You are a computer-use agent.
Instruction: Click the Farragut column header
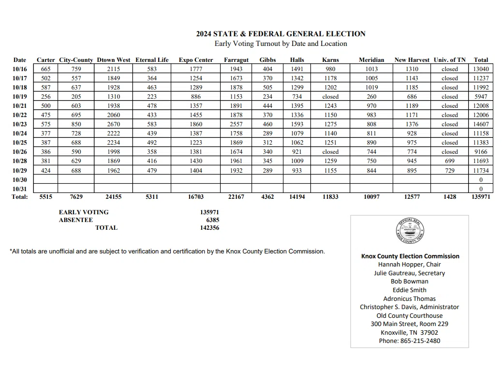coord(236,60)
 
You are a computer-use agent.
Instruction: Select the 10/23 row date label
coord(20,124)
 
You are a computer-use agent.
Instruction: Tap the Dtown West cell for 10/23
coord(114,124)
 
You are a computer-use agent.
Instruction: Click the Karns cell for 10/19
coord(330,97)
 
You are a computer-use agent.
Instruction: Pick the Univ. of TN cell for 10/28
coord(449,161)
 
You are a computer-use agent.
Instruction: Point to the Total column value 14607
coord(481,124)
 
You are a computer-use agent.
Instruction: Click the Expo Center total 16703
coord(196,197)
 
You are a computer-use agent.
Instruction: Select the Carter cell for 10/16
coord(46,69)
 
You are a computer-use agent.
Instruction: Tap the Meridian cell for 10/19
coord(371,97)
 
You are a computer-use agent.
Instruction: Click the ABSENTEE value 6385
coord(212,220)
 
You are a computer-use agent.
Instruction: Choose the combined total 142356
coord(209,227)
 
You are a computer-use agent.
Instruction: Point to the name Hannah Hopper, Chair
coord(410,265)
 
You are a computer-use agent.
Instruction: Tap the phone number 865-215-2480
coord(410,341)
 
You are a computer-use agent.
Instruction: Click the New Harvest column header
coord(412,60)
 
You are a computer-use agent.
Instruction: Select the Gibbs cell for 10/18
coord(267,88)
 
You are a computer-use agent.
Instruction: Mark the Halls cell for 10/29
coord(297,170)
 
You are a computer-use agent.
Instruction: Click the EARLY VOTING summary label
coord(84,212)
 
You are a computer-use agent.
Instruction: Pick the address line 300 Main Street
coord(410,324)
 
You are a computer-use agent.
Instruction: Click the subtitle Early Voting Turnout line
coord(281,44)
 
